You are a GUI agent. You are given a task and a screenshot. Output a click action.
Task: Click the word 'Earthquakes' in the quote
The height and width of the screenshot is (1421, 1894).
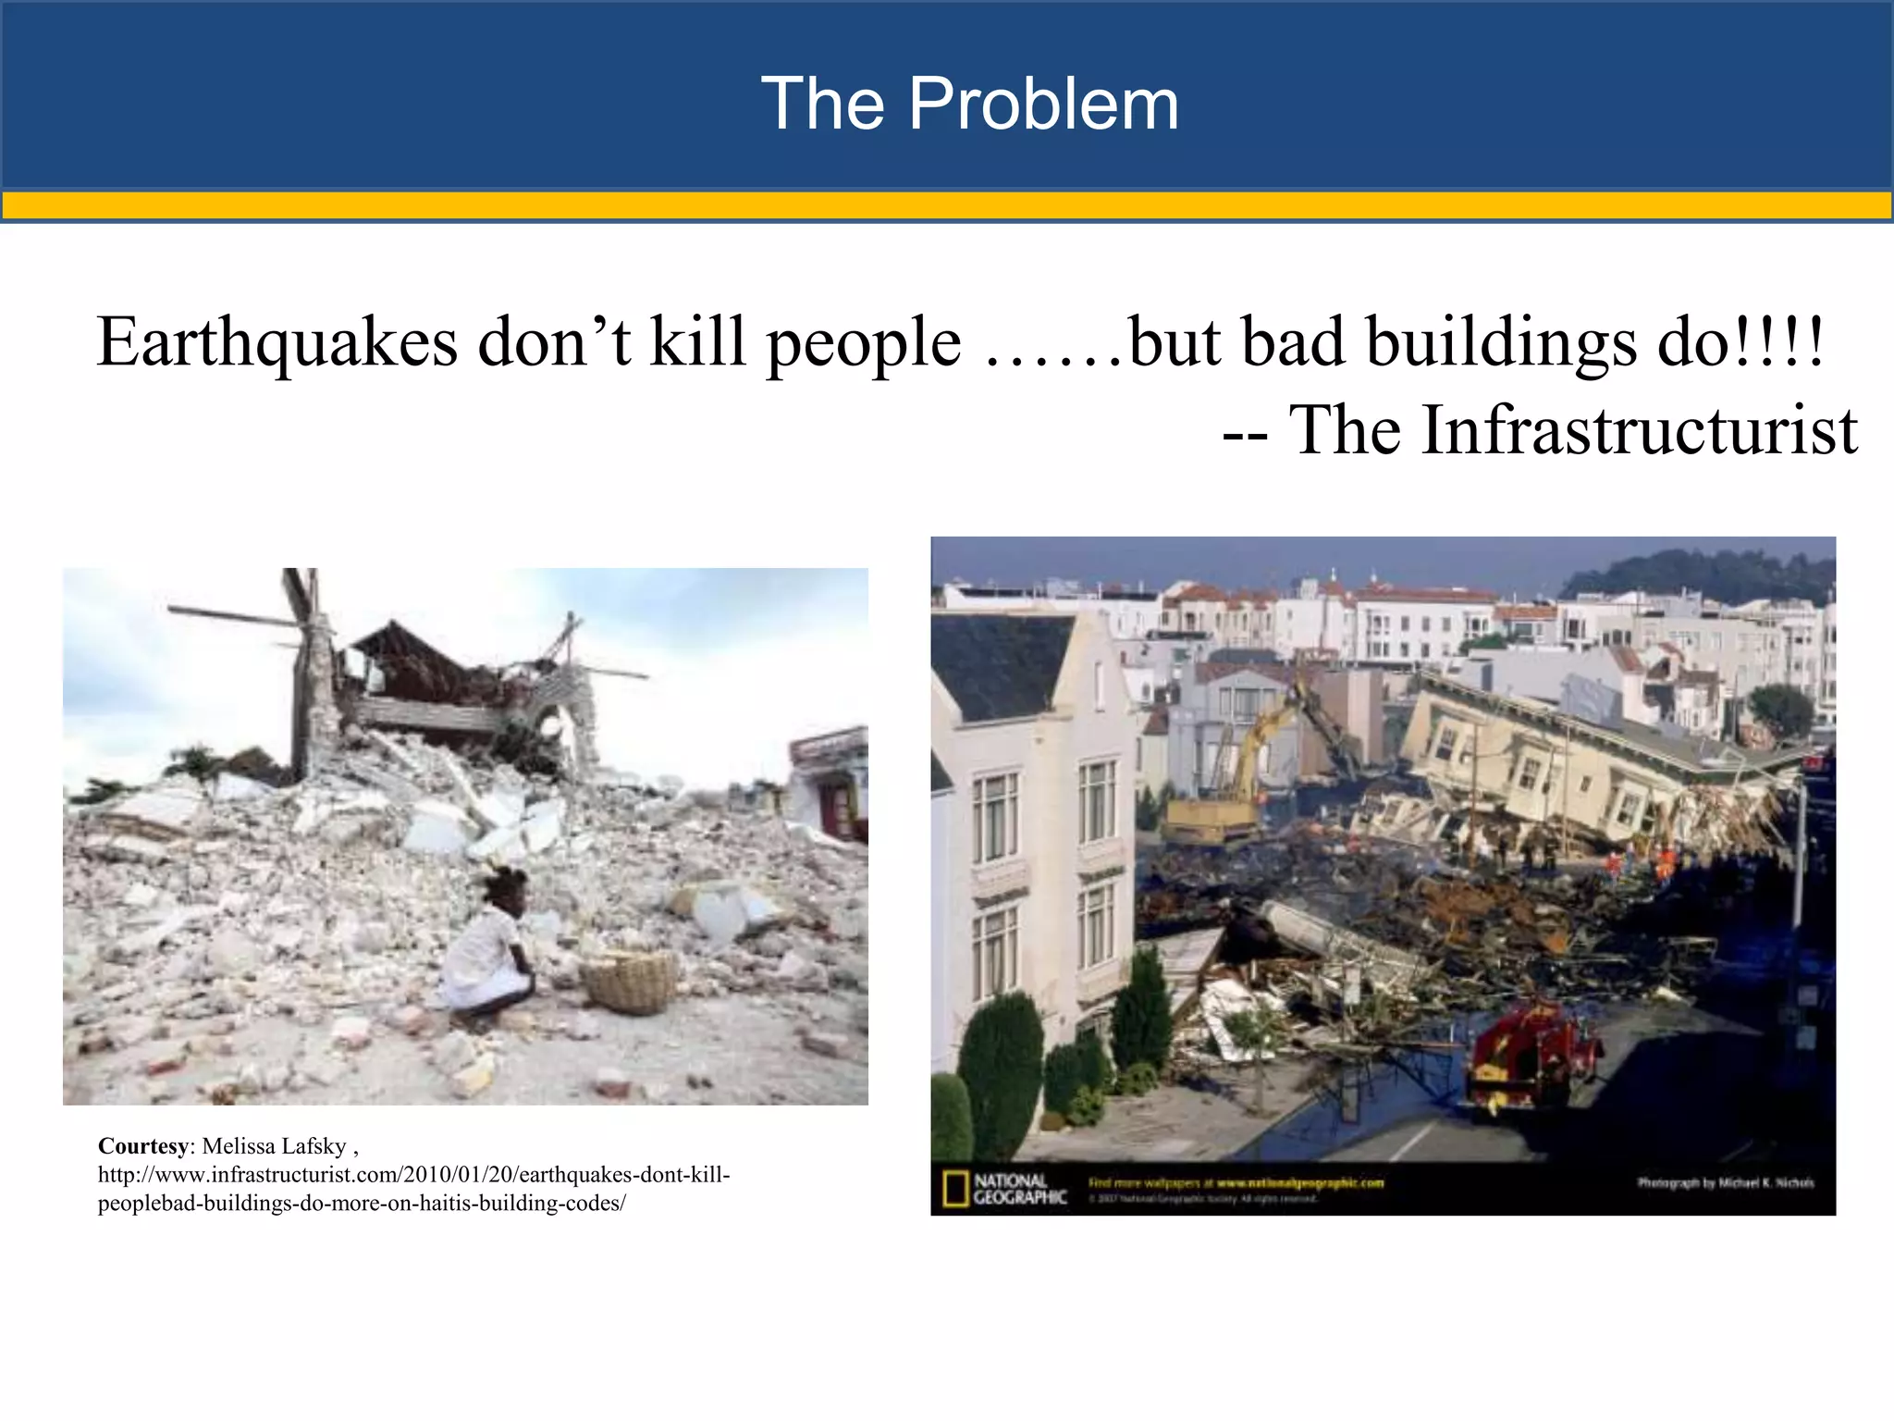click(277, 342)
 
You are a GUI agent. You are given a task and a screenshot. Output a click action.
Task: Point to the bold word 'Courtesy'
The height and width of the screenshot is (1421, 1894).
click(142, 1146)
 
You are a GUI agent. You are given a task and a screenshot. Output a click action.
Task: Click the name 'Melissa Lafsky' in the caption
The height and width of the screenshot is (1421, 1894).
click(274, 1146)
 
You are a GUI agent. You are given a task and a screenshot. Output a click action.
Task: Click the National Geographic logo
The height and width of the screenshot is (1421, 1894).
click(1005, 1189)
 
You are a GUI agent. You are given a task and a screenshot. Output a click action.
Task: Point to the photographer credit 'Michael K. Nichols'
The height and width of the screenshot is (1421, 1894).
click(1726, 1182)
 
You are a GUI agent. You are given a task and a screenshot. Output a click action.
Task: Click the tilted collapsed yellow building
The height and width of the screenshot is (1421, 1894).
click(1572, 759)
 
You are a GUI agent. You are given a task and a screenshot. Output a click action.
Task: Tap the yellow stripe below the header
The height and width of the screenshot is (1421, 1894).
click(947, 204)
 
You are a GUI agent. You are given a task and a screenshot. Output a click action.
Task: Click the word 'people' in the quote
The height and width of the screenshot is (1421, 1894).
click(864, 342)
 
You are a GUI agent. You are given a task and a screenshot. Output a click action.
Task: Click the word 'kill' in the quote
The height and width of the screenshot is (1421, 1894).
click(697, 342)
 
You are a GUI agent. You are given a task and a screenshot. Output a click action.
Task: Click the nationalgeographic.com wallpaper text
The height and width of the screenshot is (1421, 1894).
click(1236, 1182)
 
